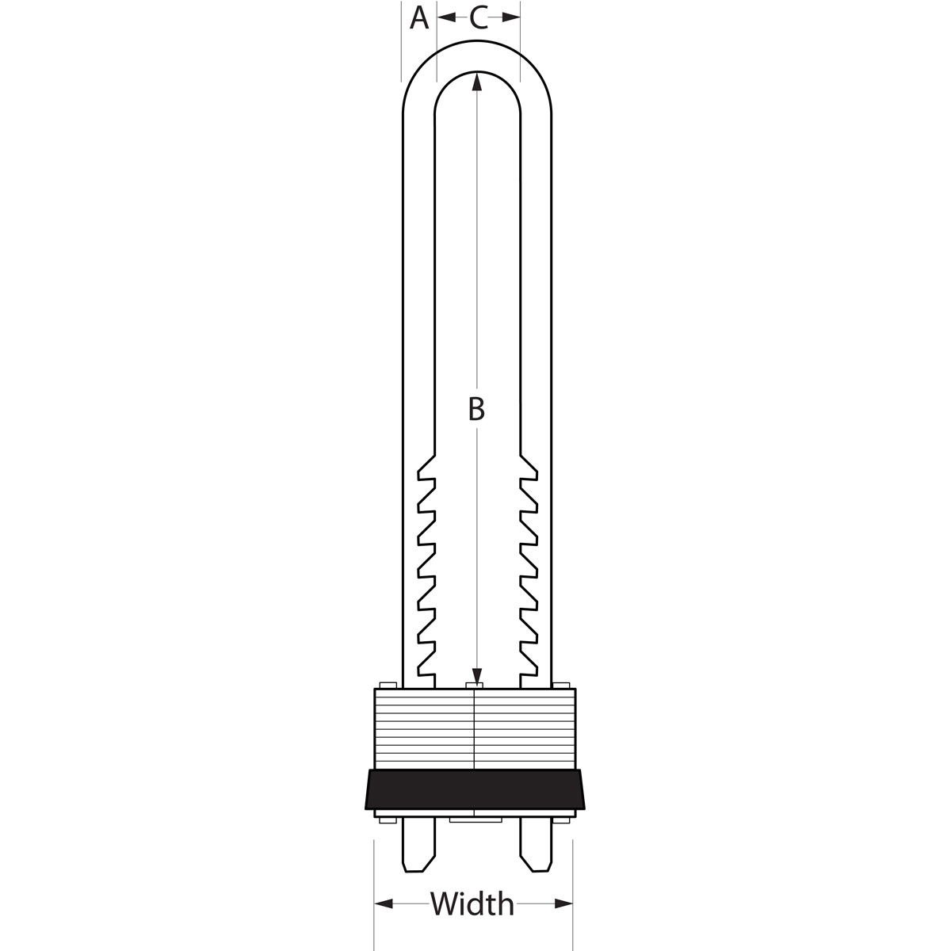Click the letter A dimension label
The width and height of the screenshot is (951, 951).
click(419, 18)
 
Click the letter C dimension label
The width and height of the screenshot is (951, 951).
click(478, 18)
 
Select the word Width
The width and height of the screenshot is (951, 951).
click(472, 903)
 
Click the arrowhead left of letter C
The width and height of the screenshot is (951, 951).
click(446, 17)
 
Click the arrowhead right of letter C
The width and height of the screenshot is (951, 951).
click(511, 17)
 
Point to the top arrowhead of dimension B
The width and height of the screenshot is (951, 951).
click(476, 82)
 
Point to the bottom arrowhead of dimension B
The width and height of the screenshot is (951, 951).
click(476, 677)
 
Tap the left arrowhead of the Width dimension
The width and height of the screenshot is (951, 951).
click(384, 904)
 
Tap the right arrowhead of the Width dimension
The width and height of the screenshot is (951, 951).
click(563, 904)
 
